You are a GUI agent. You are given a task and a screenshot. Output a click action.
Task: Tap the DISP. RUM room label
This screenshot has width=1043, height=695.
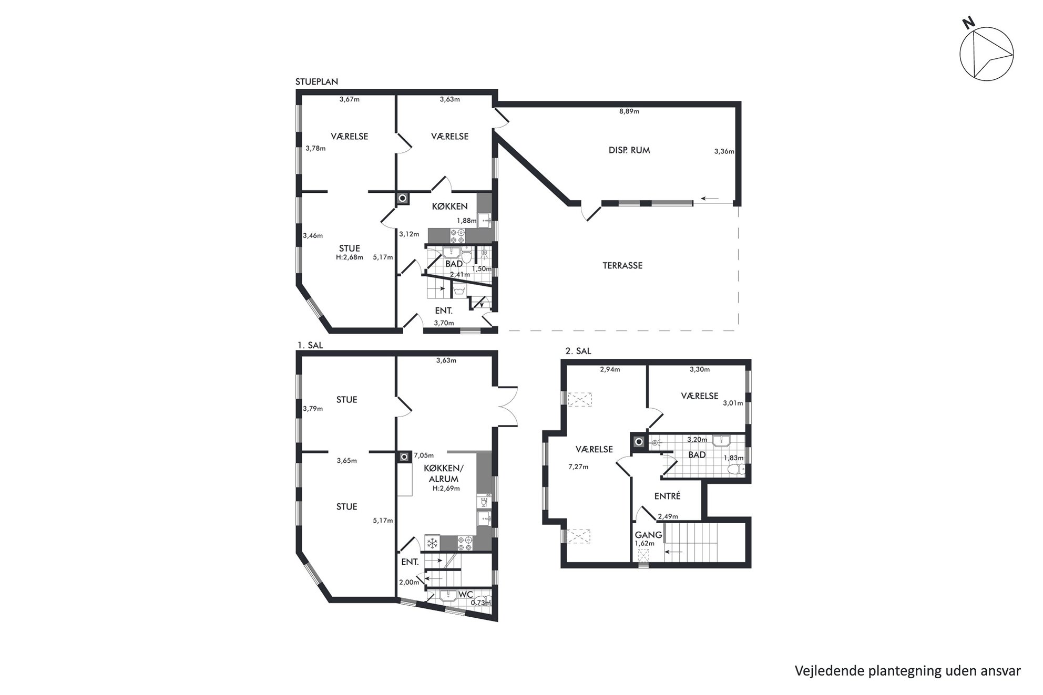[629, 150]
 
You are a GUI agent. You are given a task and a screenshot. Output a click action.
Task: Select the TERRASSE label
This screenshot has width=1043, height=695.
[622, 266]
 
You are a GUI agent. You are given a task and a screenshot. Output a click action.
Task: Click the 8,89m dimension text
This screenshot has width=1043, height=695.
[629, 111]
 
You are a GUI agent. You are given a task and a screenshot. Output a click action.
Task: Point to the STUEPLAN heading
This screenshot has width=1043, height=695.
[316, 82]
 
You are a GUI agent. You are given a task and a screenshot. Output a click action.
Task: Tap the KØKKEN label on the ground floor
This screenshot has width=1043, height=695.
[449, 206]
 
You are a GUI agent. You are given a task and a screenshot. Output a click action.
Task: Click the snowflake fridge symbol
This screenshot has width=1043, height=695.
[433, 543]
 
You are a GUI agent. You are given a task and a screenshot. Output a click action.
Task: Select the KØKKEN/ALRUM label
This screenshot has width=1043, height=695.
[444, 474]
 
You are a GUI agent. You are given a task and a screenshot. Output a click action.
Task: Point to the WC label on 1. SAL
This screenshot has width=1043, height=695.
[466, 595]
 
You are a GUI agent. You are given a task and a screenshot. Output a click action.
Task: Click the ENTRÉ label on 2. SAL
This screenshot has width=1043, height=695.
[667, 496]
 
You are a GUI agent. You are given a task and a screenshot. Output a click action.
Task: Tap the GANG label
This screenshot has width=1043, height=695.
[648, 535]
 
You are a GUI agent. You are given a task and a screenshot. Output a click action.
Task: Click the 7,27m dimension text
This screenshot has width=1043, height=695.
[578, 467]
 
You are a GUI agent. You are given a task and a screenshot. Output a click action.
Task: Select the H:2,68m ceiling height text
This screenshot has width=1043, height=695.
[350, 257]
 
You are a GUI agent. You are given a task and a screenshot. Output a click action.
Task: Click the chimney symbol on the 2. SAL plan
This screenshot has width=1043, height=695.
[639, 442]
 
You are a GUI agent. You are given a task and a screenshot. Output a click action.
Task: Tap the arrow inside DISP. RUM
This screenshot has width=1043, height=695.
[710, 199]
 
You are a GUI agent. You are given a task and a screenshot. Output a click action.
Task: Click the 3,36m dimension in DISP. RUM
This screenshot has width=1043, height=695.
[724, 151]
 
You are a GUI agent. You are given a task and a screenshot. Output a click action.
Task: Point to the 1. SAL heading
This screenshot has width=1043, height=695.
[310, 346]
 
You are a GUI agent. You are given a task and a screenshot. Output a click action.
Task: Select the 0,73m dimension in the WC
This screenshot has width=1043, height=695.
[480, 603]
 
